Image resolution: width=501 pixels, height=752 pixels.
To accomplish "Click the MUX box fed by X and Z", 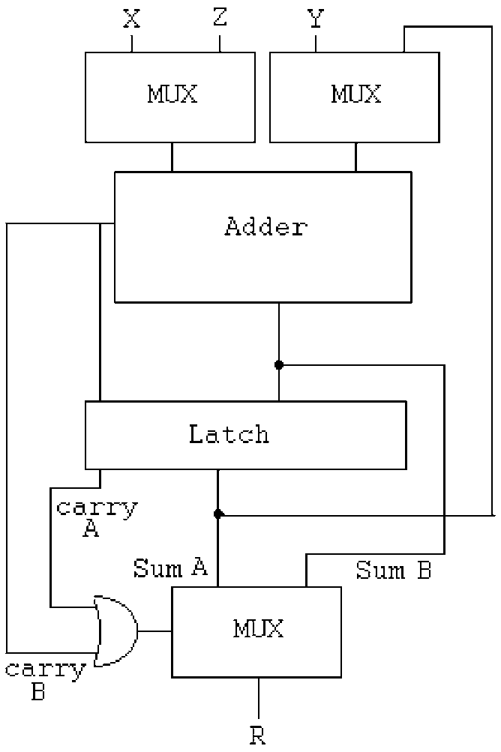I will [x=172, y=96].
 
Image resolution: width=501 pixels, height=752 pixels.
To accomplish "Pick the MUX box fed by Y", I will [x=355, y=96].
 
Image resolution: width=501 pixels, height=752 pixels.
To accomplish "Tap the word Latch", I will [x=229, y=434].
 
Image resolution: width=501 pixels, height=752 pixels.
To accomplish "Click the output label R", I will [x=258, y=736].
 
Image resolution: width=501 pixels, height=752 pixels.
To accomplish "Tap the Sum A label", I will [x=170, y=568].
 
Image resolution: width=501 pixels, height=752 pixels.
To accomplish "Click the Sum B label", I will [x=393, y=571].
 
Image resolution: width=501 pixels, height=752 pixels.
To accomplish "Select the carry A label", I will [x=97, y=517].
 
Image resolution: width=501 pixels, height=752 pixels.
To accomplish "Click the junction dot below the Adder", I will [x=279, y=365].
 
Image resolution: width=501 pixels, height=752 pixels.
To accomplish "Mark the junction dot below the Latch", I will [x=218, y=514].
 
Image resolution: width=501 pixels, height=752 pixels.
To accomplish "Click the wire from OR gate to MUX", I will [x=155, y=631].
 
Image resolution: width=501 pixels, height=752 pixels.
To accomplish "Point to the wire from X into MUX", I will [x=132, y=42].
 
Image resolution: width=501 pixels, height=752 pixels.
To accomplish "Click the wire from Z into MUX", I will [x=220, y=42].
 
